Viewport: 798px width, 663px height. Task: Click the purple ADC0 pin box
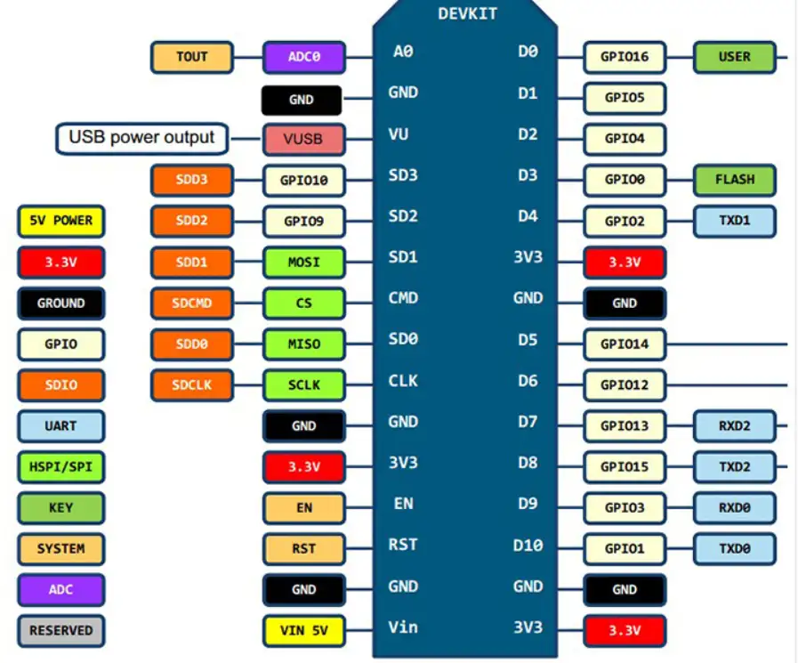303,57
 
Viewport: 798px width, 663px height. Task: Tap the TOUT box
191,57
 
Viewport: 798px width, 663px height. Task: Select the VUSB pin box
303,140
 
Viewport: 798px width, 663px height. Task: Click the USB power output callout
141,138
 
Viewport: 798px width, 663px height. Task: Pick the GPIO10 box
303,181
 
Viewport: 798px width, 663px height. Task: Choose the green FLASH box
734,180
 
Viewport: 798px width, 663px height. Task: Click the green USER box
734,57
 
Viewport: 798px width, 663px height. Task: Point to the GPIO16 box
624,58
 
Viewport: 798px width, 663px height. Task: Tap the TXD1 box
734,221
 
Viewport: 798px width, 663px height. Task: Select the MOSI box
303,263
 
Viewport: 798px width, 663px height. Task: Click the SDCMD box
191,303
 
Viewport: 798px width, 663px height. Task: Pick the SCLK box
303,385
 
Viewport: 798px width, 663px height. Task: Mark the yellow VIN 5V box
303,631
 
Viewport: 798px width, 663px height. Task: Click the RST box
303,549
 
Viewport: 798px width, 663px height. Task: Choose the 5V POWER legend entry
60,221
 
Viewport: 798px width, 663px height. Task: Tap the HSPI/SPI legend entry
60,467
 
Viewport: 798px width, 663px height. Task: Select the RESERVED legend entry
60,631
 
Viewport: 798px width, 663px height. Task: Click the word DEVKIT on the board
467,13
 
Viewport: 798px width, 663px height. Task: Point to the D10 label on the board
528,545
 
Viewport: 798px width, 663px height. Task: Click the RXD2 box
734,426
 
